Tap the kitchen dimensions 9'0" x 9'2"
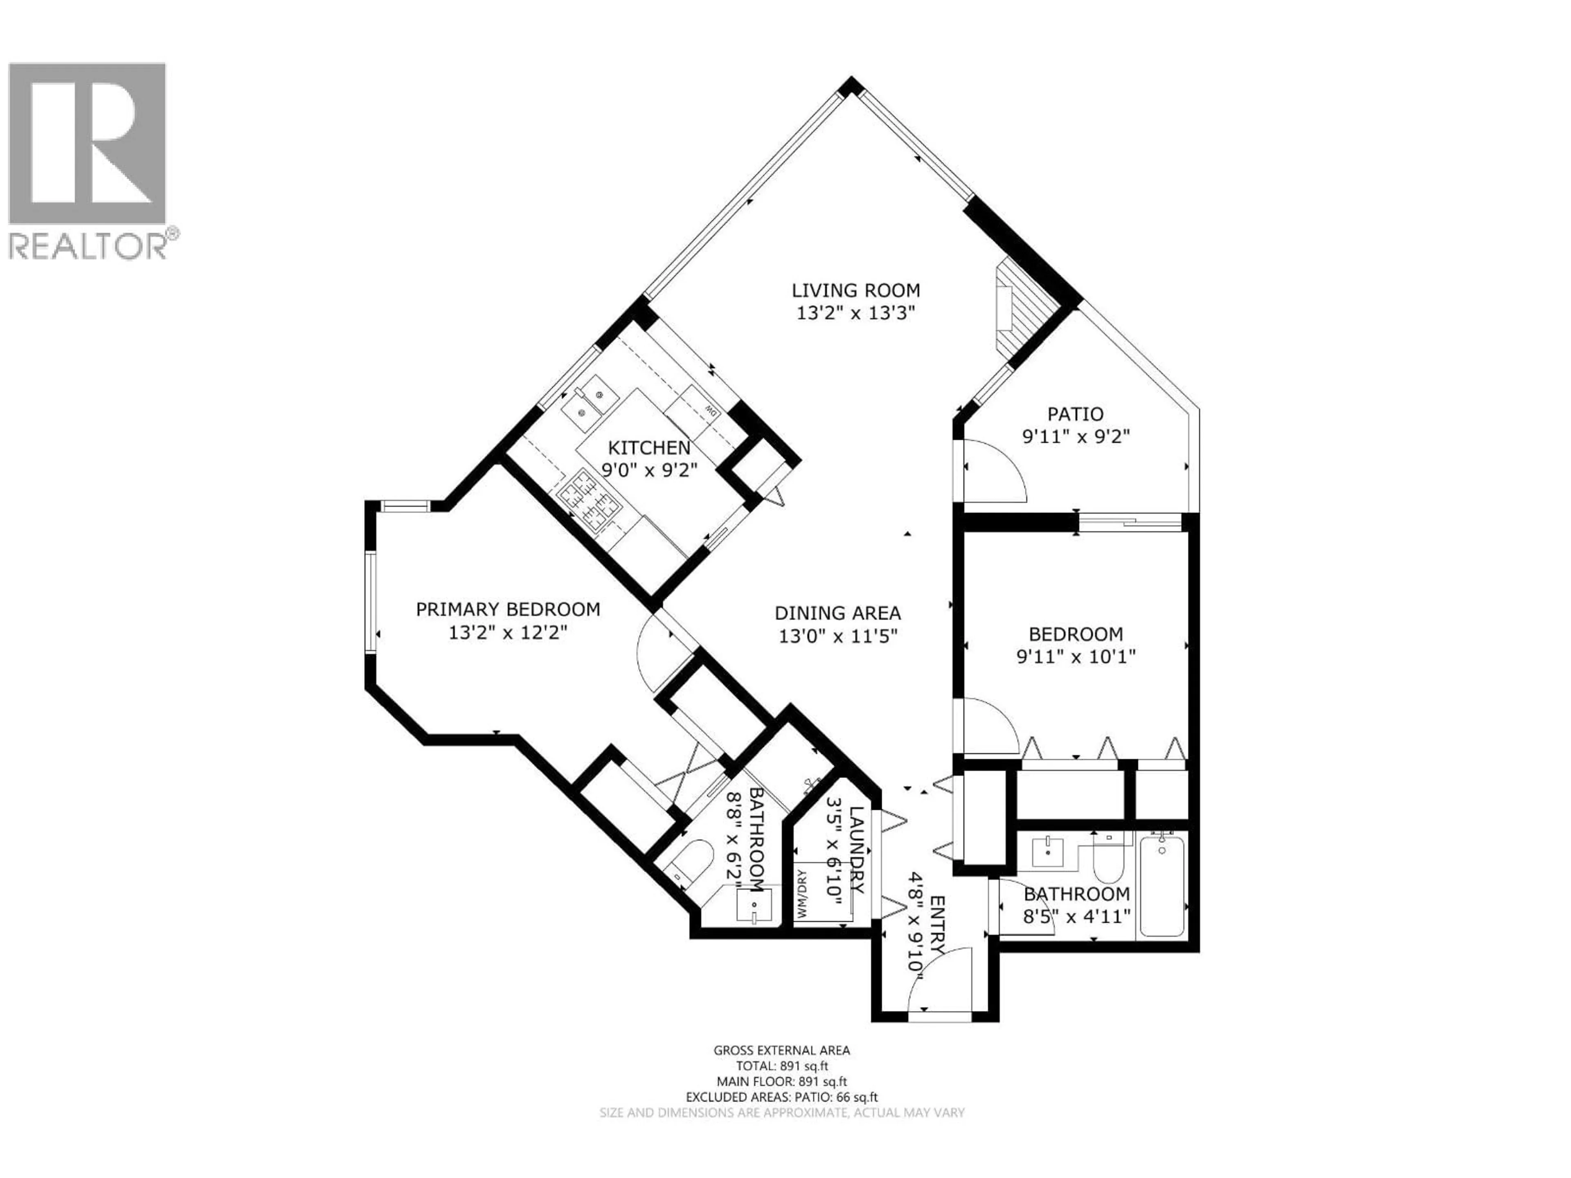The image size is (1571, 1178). [x=649, y=469]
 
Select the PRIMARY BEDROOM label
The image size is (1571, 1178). [x=508, y=609]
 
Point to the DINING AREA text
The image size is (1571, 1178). [x=837, y=613]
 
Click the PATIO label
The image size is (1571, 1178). [x=1075, y=414]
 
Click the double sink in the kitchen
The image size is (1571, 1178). [x=590, y=402]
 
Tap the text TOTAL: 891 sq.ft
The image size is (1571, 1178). [x=781, y=1086]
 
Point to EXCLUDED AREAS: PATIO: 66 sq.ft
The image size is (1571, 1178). [x=781, y=1117]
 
